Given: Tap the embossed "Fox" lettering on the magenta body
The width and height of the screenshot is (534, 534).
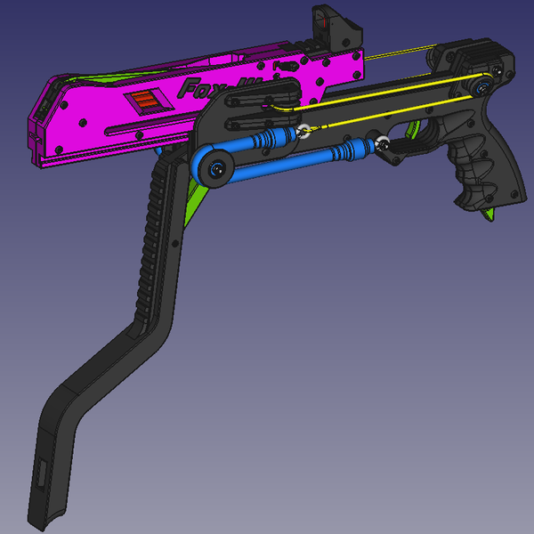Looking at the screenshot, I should [x=200, y=88].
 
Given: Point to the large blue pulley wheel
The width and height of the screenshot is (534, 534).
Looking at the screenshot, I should [x=214, y=166].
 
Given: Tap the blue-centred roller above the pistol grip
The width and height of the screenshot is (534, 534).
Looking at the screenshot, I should [x=481, y=86].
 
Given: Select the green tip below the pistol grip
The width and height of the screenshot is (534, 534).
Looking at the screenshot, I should [x=488, y=216].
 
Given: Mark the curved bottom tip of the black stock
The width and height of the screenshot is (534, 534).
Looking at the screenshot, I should [x=49, y=516].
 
